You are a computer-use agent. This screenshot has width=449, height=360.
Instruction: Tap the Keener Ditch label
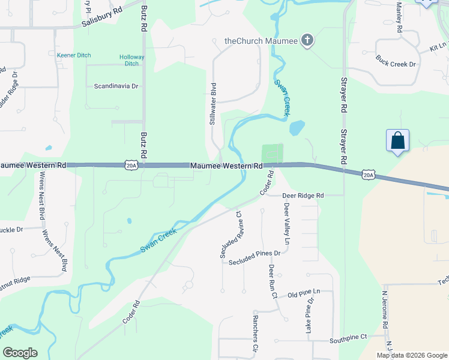(74, 55)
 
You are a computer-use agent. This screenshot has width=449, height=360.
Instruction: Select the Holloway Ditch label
(131, 60)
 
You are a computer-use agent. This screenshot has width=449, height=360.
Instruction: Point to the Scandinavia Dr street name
(116, 86)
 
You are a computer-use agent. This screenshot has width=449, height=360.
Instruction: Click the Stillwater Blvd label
(212, 104)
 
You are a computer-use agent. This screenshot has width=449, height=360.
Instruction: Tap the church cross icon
(307, 41)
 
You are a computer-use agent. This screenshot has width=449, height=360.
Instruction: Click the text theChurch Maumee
(261, 41)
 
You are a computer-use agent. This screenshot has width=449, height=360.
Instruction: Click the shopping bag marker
(397, 141)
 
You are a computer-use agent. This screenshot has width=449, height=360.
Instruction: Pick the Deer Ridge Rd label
(304, 196)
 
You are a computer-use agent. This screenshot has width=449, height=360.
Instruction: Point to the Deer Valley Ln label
(286, 223)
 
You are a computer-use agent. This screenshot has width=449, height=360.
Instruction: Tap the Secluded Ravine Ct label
(231, 235)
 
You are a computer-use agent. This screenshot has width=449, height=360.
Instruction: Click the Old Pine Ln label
(304, 292)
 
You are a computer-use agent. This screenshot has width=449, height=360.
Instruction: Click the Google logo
(20, 353)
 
